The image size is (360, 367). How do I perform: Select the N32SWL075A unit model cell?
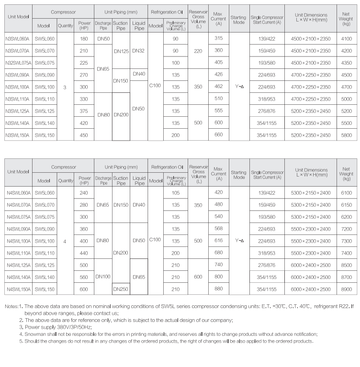(18, 63)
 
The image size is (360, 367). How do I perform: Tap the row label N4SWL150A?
(18, 289)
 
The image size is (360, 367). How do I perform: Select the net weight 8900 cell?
(347, 289)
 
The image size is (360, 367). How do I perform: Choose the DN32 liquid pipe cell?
(139, 50)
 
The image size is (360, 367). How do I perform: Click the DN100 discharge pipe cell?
(103, 277)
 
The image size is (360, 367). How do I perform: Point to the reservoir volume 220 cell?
(198, 50)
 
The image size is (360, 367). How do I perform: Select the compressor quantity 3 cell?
(65, 87)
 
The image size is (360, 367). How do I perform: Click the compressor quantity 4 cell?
(65, 241)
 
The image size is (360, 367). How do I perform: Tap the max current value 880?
(219, 289)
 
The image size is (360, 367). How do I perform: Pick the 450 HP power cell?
(84, 135)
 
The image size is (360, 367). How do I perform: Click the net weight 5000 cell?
(347, 99)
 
